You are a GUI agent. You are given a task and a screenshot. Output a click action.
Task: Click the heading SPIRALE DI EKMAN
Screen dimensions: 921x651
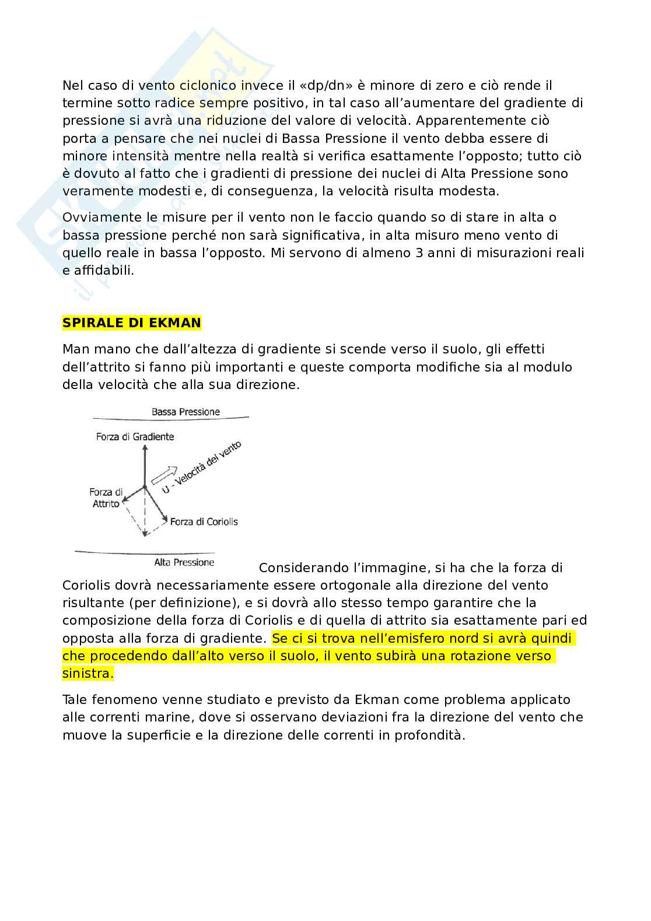(x=131, y=323)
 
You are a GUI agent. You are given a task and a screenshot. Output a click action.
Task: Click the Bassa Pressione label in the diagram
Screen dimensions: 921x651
(x=185, y=412)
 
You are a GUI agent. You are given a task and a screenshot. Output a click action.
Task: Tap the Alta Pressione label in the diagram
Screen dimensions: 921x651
(x=184, y=562)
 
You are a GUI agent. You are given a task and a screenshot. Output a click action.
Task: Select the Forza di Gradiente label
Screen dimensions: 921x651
(x=135, y=436)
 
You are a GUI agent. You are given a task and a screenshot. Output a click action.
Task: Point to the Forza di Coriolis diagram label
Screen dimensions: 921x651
(x=204, y=521)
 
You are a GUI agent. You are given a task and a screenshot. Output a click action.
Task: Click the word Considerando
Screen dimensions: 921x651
(x=303, y=568)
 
